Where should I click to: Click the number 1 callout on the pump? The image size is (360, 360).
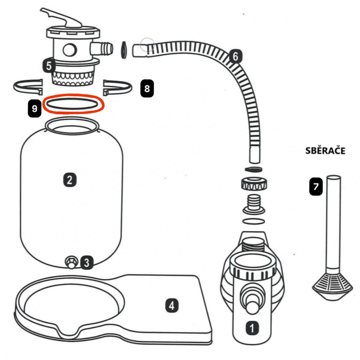252,328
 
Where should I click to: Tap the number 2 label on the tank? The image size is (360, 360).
69,180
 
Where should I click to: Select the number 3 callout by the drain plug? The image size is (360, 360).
86,262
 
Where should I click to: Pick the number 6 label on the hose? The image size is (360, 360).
235,57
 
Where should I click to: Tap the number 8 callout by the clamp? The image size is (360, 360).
147,88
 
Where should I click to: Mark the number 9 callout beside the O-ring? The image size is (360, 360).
35,109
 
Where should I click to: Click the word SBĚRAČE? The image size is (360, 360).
325,151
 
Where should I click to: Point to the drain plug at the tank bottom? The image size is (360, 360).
71,262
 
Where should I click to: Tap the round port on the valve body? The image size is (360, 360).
71,49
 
